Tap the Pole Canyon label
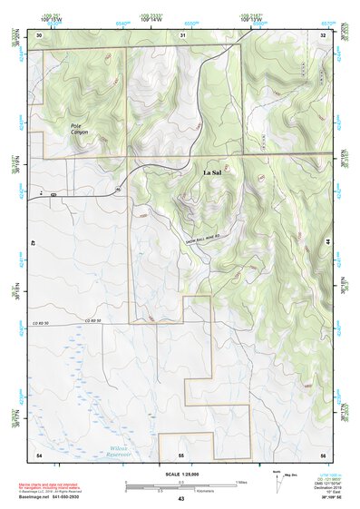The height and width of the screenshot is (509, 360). (82, 127)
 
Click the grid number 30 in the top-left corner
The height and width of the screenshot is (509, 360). (40, 34)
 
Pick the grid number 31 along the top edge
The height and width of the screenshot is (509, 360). (183, 34)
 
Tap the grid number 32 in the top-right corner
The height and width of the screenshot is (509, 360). (323, 34)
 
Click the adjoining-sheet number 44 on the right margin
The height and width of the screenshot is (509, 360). (326, 243)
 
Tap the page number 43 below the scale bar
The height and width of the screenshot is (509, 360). (181, 499)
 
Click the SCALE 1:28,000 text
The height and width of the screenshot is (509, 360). (181, 475)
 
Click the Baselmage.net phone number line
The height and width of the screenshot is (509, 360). (63, 495)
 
